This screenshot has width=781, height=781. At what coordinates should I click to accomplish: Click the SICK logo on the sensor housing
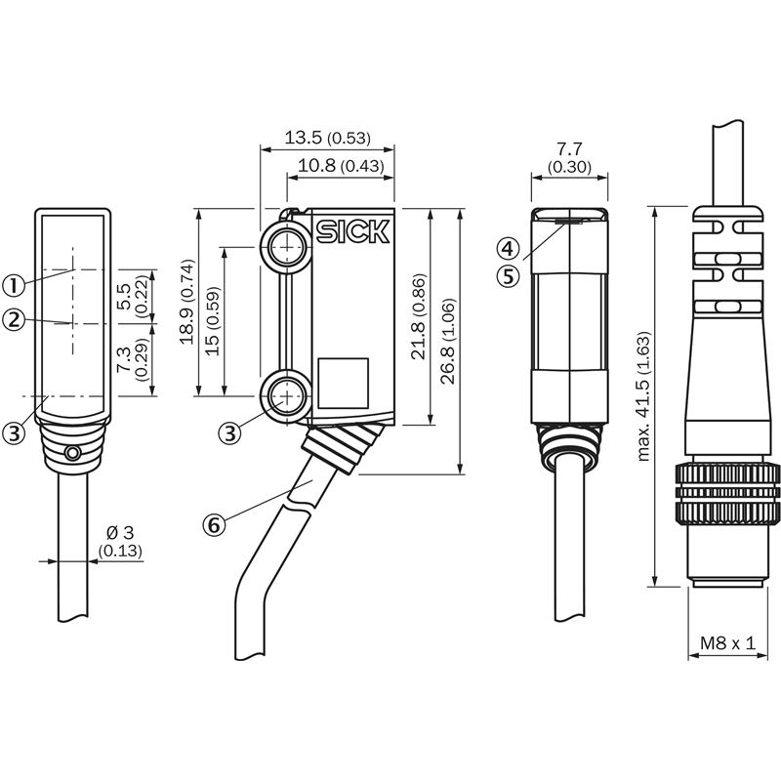click(x=352, y=232)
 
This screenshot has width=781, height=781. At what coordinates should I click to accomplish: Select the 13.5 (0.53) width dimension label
click(x=327, y=138)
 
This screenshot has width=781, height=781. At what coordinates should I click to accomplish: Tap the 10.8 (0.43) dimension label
click(x=341, y=165)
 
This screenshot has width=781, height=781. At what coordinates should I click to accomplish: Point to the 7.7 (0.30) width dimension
click(x=569, y=157)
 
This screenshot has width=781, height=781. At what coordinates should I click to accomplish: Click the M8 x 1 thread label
click(x=727, y=643)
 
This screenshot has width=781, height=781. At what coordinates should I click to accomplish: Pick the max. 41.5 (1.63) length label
click(x=643, y=396)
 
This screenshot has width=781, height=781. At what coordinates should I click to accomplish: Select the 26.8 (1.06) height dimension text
click(x=448, y=341)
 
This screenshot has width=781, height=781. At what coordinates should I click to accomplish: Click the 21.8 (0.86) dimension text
click(x=419, y=316)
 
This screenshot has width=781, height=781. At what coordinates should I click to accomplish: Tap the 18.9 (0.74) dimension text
click(x=187, y=302)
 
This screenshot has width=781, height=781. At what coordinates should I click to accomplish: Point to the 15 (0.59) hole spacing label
click(x=213, y=321)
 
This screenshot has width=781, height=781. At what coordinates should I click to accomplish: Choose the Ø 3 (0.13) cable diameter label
click(x=120, y=542)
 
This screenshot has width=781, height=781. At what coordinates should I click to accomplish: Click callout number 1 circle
click(x=14, y=285)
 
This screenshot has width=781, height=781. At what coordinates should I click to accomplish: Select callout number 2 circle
click(x=14, y=319)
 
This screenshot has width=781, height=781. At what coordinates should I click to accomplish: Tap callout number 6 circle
click(x=214, y=525)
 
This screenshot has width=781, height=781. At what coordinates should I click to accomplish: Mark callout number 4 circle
click(x=508, y=248)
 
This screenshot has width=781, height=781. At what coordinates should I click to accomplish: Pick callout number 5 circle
click(x=508, y=276)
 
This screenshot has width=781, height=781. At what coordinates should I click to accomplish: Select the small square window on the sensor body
click(x=344, y=383)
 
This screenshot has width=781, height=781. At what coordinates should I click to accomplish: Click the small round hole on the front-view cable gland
click(x=73, y=453)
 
